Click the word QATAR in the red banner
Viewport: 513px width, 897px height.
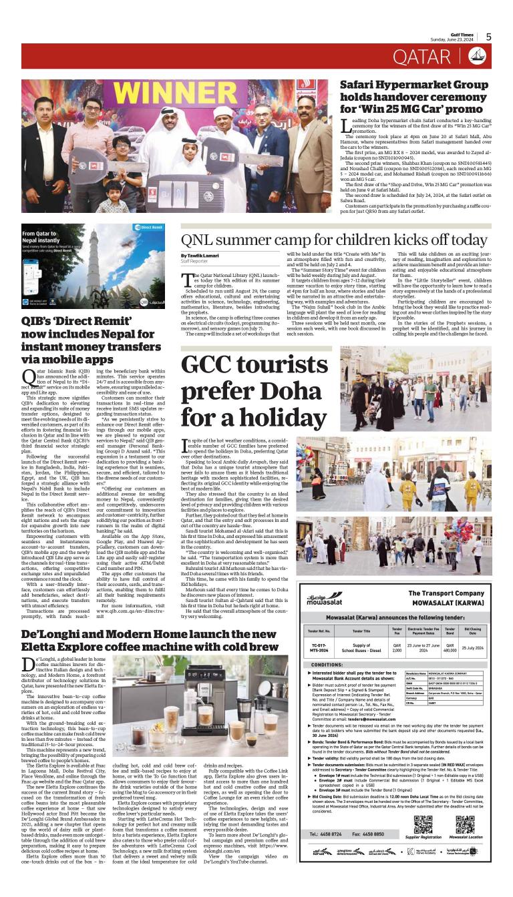432,57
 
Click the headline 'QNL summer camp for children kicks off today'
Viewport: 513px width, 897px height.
334,240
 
